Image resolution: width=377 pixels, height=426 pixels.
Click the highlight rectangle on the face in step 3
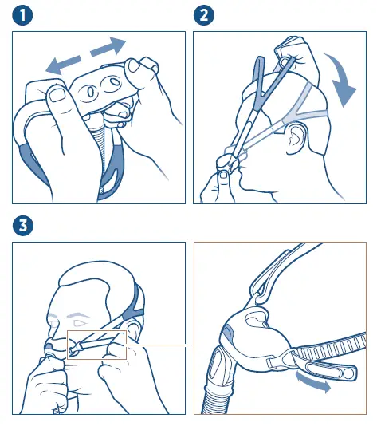(96, 345)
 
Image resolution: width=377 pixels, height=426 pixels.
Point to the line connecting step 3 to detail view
(159, 345)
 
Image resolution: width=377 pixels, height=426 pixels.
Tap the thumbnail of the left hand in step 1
(57, 97)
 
